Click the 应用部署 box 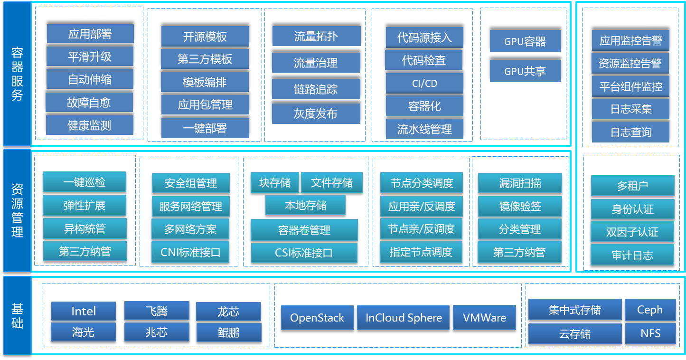[90, 33]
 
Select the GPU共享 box [525, 71]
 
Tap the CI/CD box [424, 83]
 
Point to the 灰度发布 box [316, 114]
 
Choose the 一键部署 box [205, 128]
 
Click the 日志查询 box [630, 133]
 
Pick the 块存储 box [275, 182]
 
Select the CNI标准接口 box [190, 252]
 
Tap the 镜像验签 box [520, 206]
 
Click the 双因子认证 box [632, 232]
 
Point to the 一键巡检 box [85, 182]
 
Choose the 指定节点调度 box [421, 252]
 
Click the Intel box [83, 311]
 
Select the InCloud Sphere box [404, 318]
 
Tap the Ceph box [650, 310]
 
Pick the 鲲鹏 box [229, 332]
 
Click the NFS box [650, 333]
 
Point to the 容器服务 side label [17, 74]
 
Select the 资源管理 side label [17, 210]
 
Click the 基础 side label [17, 315]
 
